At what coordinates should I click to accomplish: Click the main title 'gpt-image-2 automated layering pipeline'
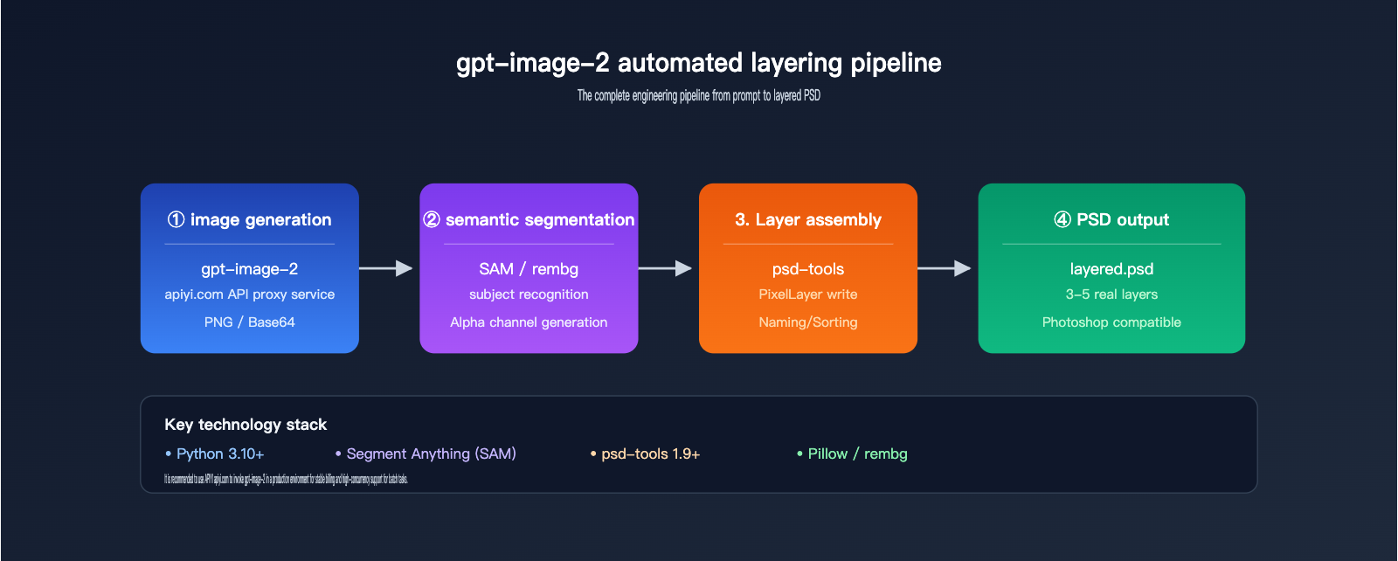tap(698, 63)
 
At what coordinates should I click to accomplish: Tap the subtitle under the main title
tap(698, 95)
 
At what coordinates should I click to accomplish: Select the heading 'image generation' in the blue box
tap(250, 219)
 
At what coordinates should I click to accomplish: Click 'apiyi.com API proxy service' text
tap(250, 294)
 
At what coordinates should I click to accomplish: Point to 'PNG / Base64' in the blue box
tap(250, 322)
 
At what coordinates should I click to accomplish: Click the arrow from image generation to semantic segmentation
tap(386, 268)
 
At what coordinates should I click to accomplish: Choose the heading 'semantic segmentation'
tap(529, 219)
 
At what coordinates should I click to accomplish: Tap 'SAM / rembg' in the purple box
tap(529, 269)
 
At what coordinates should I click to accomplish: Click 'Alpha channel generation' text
tap(529, 322)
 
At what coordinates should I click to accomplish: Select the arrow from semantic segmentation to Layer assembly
tap(666, 268)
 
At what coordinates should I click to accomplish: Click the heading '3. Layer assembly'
tap(808, 219)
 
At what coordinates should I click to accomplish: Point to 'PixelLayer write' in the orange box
tap(808, 294)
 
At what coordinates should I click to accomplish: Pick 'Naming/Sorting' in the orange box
tap(808, 322)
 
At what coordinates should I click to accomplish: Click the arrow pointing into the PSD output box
tap(945, 268)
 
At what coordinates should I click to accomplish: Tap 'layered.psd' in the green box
tap(1111, 269)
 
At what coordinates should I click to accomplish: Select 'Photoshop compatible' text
tap(1111, 322)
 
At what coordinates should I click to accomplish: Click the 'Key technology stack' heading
tap(246, 425)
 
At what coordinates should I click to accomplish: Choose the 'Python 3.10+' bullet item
tap(215, 454)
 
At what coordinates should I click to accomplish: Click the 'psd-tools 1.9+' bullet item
tap(646, 454)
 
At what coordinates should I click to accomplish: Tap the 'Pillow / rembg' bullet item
tap(853, 454)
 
